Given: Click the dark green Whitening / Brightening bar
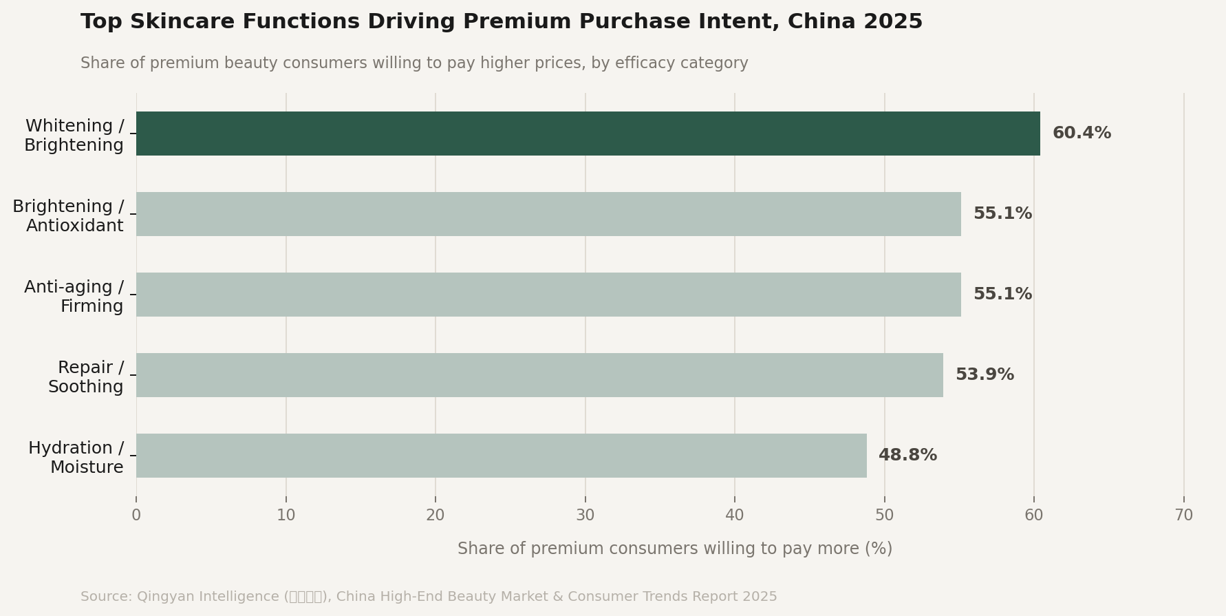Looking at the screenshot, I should [588, 134].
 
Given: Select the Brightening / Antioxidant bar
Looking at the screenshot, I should [548, 214].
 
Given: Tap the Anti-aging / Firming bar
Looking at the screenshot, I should [548, 295].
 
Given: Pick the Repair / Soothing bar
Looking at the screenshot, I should [539, 375].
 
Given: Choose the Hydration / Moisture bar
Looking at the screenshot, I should [501, 456].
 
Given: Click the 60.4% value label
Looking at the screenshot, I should [1082, 134].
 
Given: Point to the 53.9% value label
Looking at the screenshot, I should [985, 375].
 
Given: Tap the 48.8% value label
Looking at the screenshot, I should [907, 456].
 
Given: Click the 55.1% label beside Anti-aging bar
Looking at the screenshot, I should [1002, 295].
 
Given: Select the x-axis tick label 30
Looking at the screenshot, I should [585, 516].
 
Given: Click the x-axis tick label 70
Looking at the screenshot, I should [1183, 516].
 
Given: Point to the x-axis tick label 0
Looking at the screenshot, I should [136, 516].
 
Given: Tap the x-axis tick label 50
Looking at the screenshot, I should [884, 516].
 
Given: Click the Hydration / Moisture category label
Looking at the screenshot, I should [76, 458].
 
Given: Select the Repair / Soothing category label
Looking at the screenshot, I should [86, 377].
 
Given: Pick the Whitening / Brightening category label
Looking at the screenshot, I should [74, 136].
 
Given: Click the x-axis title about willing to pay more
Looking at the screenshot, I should [674, 549].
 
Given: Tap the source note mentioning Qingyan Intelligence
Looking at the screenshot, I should [428, 597].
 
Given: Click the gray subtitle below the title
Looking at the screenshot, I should [414, 63].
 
